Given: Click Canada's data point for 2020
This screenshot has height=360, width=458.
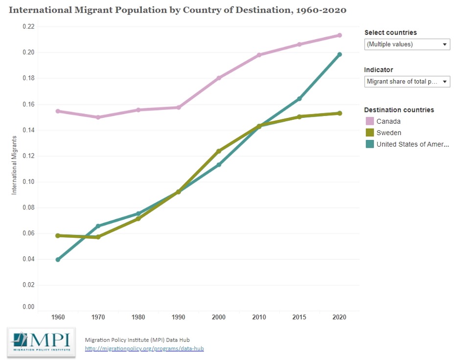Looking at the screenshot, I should pyautogui.click(x=339, y=35).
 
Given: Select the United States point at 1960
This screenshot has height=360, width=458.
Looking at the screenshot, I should pyautogui.click(x=58, y=260).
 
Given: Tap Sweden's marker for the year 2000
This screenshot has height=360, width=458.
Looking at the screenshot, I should pyautogui.click(x=219, y=151).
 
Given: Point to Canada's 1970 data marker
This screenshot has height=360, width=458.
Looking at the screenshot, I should pyautogui.click(x=98, y=117).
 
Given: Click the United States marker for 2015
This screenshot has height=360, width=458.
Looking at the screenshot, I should pyautogui.click(x=299, y=99).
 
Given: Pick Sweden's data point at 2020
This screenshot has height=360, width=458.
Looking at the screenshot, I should pyautogui.click(x=339, y=113).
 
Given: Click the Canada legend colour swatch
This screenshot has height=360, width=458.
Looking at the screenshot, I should pyautogui.click(x=370, y=121).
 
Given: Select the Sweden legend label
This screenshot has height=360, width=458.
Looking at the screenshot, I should pyautogui.click(x=389, y=133).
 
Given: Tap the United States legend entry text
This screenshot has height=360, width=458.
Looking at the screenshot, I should pyautogui.click(x=412, y=144).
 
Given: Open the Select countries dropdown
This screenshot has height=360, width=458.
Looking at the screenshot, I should pyautogui.click(x=407, y=45).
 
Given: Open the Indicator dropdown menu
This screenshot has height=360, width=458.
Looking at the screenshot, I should pyautogui.click(x=407, y=82).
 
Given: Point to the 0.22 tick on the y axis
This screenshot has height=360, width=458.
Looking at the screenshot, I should pyautogui.click(x=28, y=26).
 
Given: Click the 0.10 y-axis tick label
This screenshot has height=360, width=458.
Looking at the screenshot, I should pyautogui.click(x=28, y=181).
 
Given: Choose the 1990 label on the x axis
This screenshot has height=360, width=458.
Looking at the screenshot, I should pyautogui.click(x=179, y=317).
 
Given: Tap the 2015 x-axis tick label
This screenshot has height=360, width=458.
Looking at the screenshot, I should pyautogui.click(x=299, y=317).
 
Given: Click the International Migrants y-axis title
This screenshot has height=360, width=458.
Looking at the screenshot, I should pyautogui.click(x=14, y=166).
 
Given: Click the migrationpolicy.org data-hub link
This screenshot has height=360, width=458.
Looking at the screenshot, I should pyautogui.click(x=144, y=348).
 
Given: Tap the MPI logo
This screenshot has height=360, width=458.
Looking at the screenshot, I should pyautogui.click(x=41, y=341).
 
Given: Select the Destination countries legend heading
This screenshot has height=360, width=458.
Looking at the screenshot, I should pyautogui.click(x=399, y=110).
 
